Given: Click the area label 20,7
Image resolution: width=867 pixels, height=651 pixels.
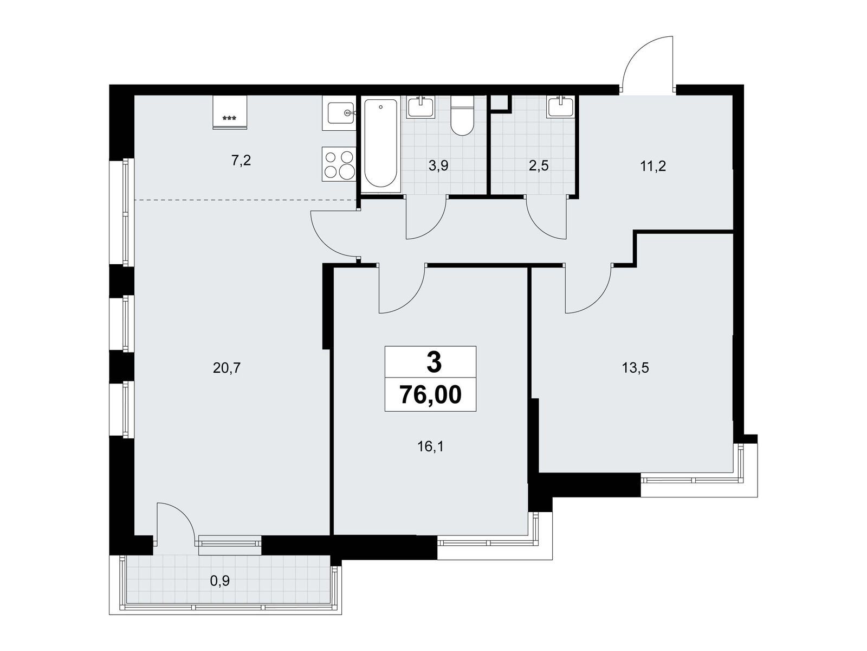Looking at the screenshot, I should point(227,368).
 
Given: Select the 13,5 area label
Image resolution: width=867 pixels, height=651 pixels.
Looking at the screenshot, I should point(635,368).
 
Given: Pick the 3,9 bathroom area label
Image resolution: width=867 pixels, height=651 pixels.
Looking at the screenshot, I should point(438,166).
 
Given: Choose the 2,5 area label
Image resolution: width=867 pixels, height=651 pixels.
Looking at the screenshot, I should point(539,166).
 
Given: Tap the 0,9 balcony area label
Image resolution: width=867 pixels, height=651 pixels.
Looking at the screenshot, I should point(219,581).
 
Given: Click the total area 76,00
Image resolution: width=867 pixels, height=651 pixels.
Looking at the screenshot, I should point(431,395).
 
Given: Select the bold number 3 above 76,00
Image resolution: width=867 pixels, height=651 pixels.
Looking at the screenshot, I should point(433,362).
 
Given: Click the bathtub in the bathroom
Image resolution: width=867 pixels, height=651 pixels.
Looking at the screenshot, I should point(381,143).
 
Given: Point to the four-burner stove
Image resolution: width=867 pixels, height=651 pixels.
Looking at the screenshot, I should point(339,164).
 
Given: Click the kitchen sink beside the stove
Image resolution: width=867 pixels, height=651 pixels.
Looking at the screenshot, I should point(339,113).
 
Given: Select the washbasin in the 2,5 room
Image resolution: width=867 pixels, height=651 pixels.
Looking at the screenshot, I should point(561,106).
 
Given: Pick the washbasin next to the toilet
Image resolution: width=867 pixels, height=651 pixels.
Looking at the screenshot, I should point(420,106).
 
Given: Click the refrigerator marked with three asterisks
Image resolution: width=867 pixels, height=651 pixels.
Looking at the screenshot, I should point(230,112).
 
